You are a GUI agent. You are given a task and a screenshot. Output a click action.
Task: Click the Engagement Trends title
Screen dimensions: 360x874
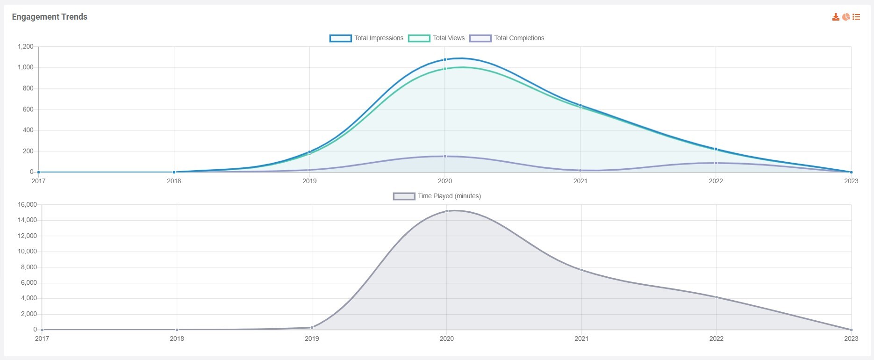coord(50,17)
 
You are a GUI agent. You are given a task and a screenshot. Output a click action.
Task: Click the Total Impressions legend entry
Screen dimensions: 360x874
coord(367,38)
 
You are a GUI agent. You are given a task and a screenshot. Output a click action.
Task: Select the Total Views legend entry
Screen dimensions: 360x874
coord(437,38)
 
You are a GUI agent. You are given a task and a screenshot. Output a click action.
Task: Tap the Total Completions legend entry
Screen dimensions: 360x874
coord(507,38)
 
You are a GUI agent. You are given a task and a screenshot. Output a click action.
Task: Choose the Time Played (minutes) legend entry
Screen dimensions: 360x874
coord(437,196)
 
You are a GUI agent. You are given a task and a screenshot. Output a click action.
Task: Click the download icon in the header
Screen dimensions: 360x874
coord(836,17)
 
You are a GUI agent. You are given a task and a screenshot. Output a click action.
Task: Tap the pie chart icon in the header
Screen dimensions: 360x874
coord(846,17)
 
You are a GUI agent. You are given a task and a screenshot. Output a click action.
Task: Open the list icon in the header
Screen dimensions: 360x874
coord(856,17)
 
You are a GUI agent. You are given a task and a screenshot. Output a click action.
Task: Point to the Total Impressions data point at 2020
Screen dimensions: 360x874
coord(445,59)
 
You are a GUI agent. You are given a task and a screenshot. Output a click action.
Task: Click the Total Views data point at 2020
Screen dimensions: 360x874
coord(445,69)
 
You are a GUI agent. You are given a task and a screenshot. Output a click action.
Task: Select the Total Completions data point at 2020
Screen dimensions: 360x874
coord(445,156)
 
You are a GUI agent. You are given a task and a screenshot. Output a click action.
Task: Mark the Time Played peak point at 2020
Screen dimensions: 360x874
coord(447,211)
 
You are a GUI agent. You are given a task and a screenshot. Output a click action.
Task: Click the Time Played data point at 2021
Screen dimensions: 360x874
coord(581,270)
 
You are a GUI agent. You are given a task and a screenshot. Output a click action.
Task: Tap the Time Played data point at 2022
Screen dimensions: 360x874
coord(716,297)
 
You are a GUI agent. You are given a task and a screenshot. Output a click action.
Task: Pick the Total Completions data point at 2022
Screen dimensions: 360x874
coord(716,163)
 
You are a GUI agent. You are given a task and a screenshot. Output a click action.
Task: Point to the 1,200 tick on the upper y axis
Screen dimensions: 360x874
coord(26,46)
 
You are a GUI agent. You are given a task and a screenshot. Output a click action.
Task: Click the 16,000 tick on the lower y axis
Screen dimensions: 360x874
coord(27,204)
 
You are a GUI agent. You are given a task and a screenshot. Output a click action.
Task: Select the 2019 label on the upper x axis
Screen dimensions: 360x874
coord(309,181)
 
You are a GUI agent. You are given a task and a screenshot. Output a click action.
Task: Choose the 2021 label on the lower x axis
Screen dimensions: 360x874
coord(581,338)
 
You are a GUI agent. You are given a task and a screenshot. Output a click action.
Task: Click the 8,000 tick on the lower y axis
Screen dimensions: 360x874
coord(29,267)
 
